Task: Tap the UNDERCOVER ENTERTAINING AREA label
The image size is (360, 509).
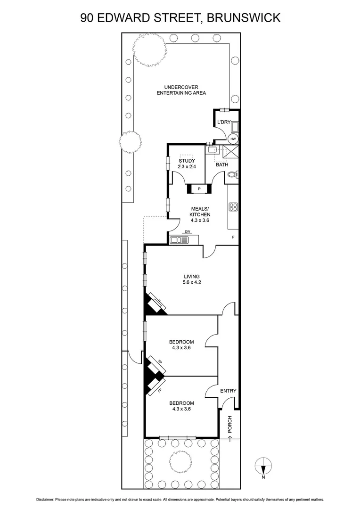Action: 181,90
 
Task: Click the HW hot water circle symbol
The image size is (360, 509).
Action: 233,139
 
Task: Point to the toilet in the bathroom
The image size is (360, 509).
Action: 232,176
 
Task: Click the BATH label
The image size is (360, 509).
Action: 222,165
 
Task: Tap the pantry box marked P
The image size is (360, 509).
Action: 200,189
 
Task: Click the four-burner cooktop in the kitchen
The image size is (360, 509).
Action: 233,207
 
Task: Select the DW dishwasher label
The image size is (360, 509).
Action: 188,231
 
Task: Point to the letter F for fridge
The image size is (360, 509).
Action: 233,237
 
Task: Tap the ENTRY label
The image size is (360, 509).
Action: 228,391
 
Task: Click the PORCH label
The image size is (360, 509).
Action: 230,424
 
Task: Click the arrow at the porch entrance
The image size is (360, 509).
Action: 230,439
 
